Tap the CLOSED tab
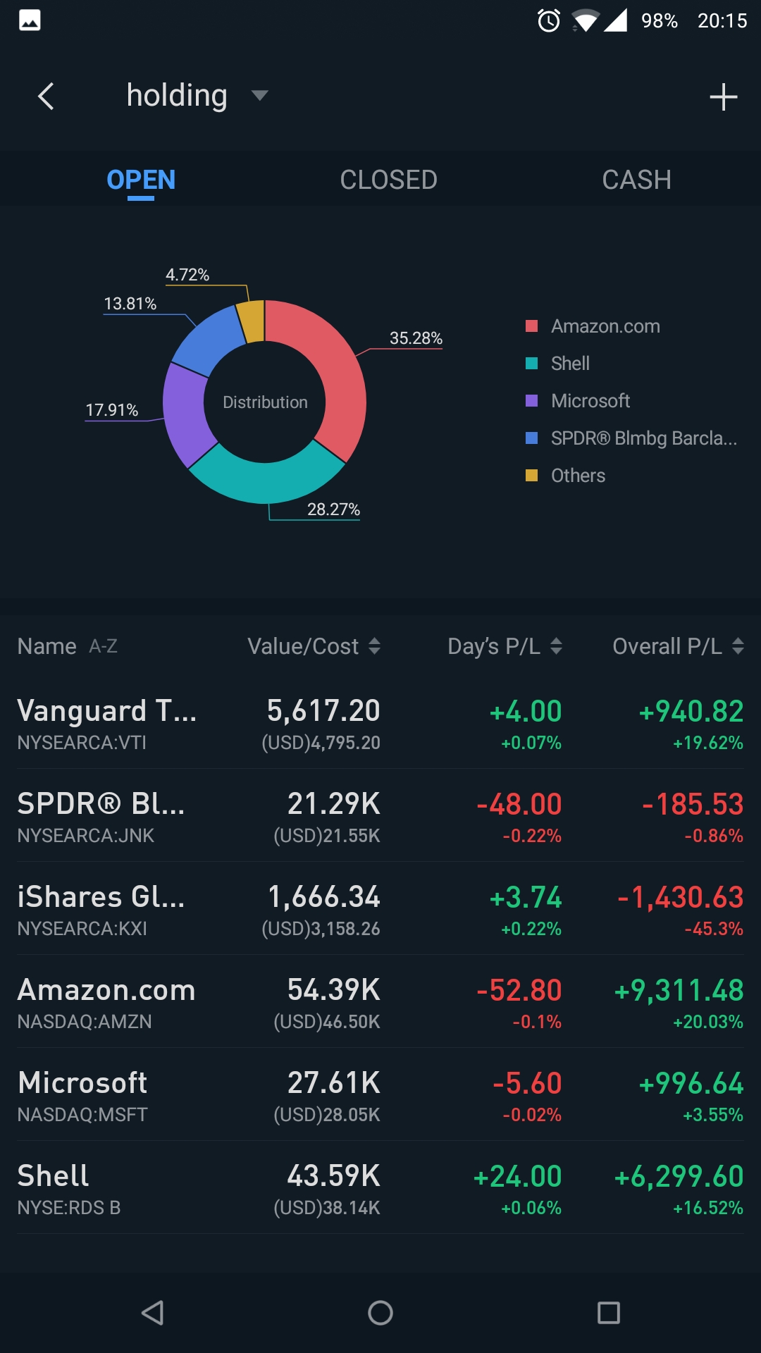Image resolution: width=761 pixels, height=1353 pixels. [388, 180]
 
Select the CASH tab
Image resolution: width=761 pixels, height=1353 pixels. [636, 180]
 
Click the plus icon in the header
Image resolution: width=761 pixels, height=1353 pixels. [723, 97]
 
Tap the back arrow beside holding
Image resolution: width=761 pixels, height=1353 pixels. [47, 97]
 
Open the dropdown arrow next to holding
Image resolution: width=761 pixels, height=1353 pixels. [259, 96]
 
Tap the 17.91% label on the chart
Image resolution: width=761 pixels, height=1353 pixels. [111, 410]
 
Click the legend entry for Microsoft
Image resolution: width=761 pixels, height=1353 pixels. [590, 401]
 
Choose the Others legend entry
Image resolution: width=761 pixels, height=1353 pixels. [578, 476]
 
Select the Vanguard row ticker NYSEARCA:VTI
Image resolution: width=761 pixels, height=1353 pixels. [82, 743]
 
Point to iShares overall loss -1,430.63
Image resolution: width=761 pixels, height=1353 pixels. [680, 897]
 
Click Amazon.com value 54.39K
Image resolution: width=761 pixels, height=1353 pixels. [333, 990]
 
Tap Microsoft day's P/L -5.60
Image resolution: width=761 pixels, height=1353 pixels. [527, 1083]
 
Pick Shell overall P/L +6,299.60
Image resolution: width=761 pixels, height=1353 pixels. [679, 1176]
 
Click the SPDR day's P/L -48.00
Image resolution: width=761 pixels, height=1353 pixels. [519, 804]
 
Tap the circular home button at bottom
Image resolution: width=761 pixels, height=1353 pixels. [380, 1313]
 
